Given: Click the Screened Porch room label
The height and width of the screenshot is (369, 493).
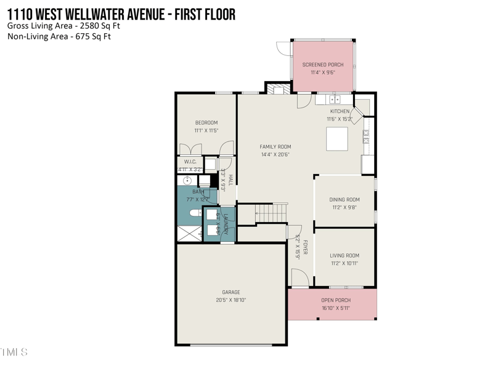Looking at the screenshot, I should coord(322,65).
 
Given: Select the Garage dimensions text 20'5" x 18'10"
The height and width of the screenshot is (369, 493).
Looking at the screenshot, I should coord(231,300).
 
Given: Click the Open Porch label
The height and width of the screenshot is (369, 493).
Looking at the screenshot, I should coord(336,300).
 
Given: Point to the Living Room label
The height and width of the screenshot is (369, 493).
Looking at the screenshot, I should coord(344,255).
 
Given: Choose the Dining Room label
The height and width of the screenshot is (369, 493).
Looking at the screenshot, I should coord(344,199).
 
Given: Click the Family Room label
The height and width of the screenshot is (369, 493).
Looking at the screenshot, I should coord(275,146).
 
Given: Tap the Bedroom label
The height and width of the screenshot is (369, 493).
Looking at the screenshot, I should coord(206,122).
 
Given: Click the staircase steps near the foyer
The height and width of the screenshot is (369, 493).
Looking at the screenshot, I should coord(271,213).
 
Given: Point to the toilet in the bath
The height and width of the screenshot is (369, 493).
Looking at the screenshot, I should coord(194,212).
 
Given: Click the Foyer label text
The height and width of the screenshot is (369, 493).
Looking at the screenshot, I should coord(305,247).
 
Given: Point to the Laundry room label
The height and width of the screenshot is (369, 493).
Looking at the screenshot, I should coord(227,223).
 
